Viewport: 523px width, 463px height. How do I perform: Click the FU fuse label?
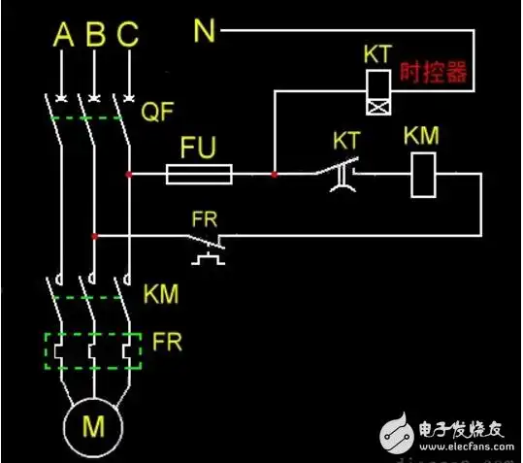pyautogui.click(x=199, y=149)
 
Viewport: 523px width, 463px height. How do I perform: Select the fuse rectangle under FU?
pyautogui.click(x=199, y=176)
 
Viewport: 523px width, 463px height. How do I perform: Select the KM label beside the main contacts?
pyautogui.click(x=161, y=293)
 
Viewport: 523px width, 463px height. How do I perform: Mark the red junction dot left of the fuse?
pyautogui.click(x=128, y=176)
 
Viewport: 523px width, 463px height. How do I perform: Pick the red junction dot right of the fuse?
pyautogui.click(x=275, y=176)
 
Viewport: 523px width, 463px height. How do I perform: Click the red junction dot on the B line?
pyautogui.click(x=94, y=235)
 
